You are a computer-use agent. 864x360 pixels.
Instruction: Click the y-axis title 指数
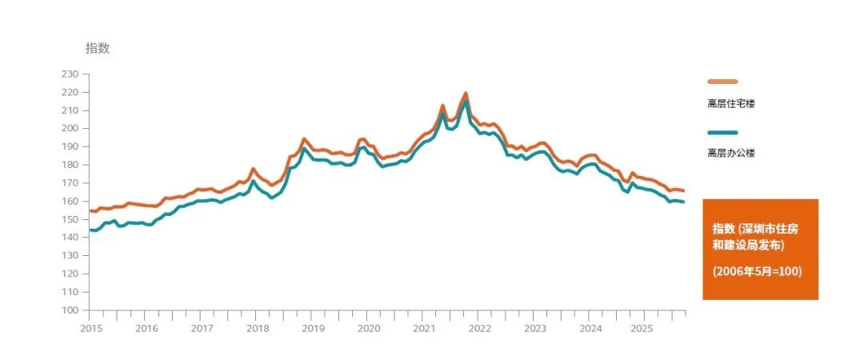pos(98,48)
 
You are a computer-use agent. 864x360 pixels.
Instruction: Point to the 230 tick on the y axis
pos(70,74)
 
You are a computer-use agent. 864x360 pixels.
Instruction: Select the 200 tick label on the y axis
pos(70,128)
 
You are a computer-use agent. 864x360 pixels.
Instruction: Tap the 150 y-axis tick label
pos(70,219)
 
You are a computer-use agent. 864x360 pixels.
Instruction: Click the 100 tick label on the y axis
pos(70,310)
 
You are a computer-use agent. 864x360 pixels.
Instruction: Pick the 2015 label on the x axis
pos(91,328)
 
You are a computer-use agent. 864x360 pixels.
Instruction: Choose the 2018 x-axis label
pos(258,328)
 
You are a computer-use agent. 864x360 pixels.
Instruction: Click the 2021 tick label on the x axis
pos(424,328)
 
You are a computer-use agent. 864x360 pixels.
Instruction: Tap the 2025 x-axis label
pos(646,328)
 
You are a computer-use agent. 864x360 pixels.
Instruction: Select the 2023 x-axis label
pos(535,328)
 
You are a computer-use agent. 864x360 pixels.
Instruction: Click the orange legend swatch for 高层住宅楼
pos(722,82)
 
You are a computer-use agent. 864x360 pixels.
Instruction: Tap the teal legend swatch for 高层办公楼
pos(722,133)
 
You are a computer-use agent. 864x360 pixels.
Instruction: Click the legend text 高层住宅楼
pos(731,102)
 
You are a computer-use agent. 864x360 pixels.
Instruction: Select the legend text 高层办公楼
pos(731,153)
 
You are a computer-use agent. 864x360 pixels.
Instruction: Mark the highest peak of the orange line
pos(465,93)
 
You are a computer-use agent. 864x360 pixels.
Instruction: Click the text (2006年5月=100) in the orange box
pos(758,272)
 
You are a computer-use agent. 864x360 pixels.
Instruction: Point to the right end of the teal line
pos(684,202)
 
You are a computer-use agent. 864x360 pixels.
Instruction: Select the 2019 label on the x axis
pos(314,328)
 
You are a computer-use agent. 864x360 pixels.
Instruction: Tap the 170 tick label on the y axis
pos(70,183)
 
